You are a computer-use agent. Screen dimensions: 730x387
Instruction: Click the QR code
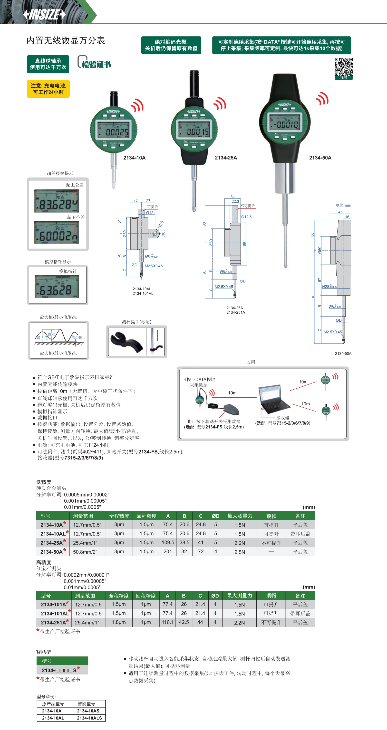pos(344,67)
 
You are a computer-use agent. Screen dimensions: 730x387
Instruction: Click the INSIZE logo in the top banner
pos(44,14)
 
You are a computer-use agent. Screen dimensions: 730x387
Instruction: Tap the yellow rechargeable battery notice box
pos(48,89)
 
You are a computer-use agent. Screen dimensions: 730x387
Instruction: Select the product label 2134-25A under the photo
pos(226,158)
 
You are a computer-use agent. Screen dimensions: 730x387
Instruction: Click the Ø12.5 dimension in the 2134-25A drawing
pos(246,217)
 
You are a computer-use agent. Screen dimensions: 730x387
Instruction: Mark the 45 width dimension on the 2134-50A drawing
pos(340,212)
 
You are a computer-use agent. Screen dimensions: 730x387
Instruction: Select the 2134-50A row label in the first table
pos(52,552)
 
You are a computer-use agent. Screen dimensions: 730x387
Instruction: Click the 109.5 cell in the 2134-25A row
pos(168,543)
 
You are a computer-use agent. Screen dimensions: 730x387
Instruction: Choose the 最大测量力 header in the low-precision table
pos(240,516)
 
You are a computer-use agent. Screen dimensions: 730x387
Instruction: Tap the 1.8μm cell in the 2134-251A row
pos(119,622)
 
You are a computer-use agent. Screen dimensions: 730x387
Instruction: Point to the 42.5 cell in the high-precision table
pos(184,622)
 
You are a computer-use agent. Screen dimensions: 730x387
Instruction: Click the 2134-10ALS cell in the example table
pos(89,718)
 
